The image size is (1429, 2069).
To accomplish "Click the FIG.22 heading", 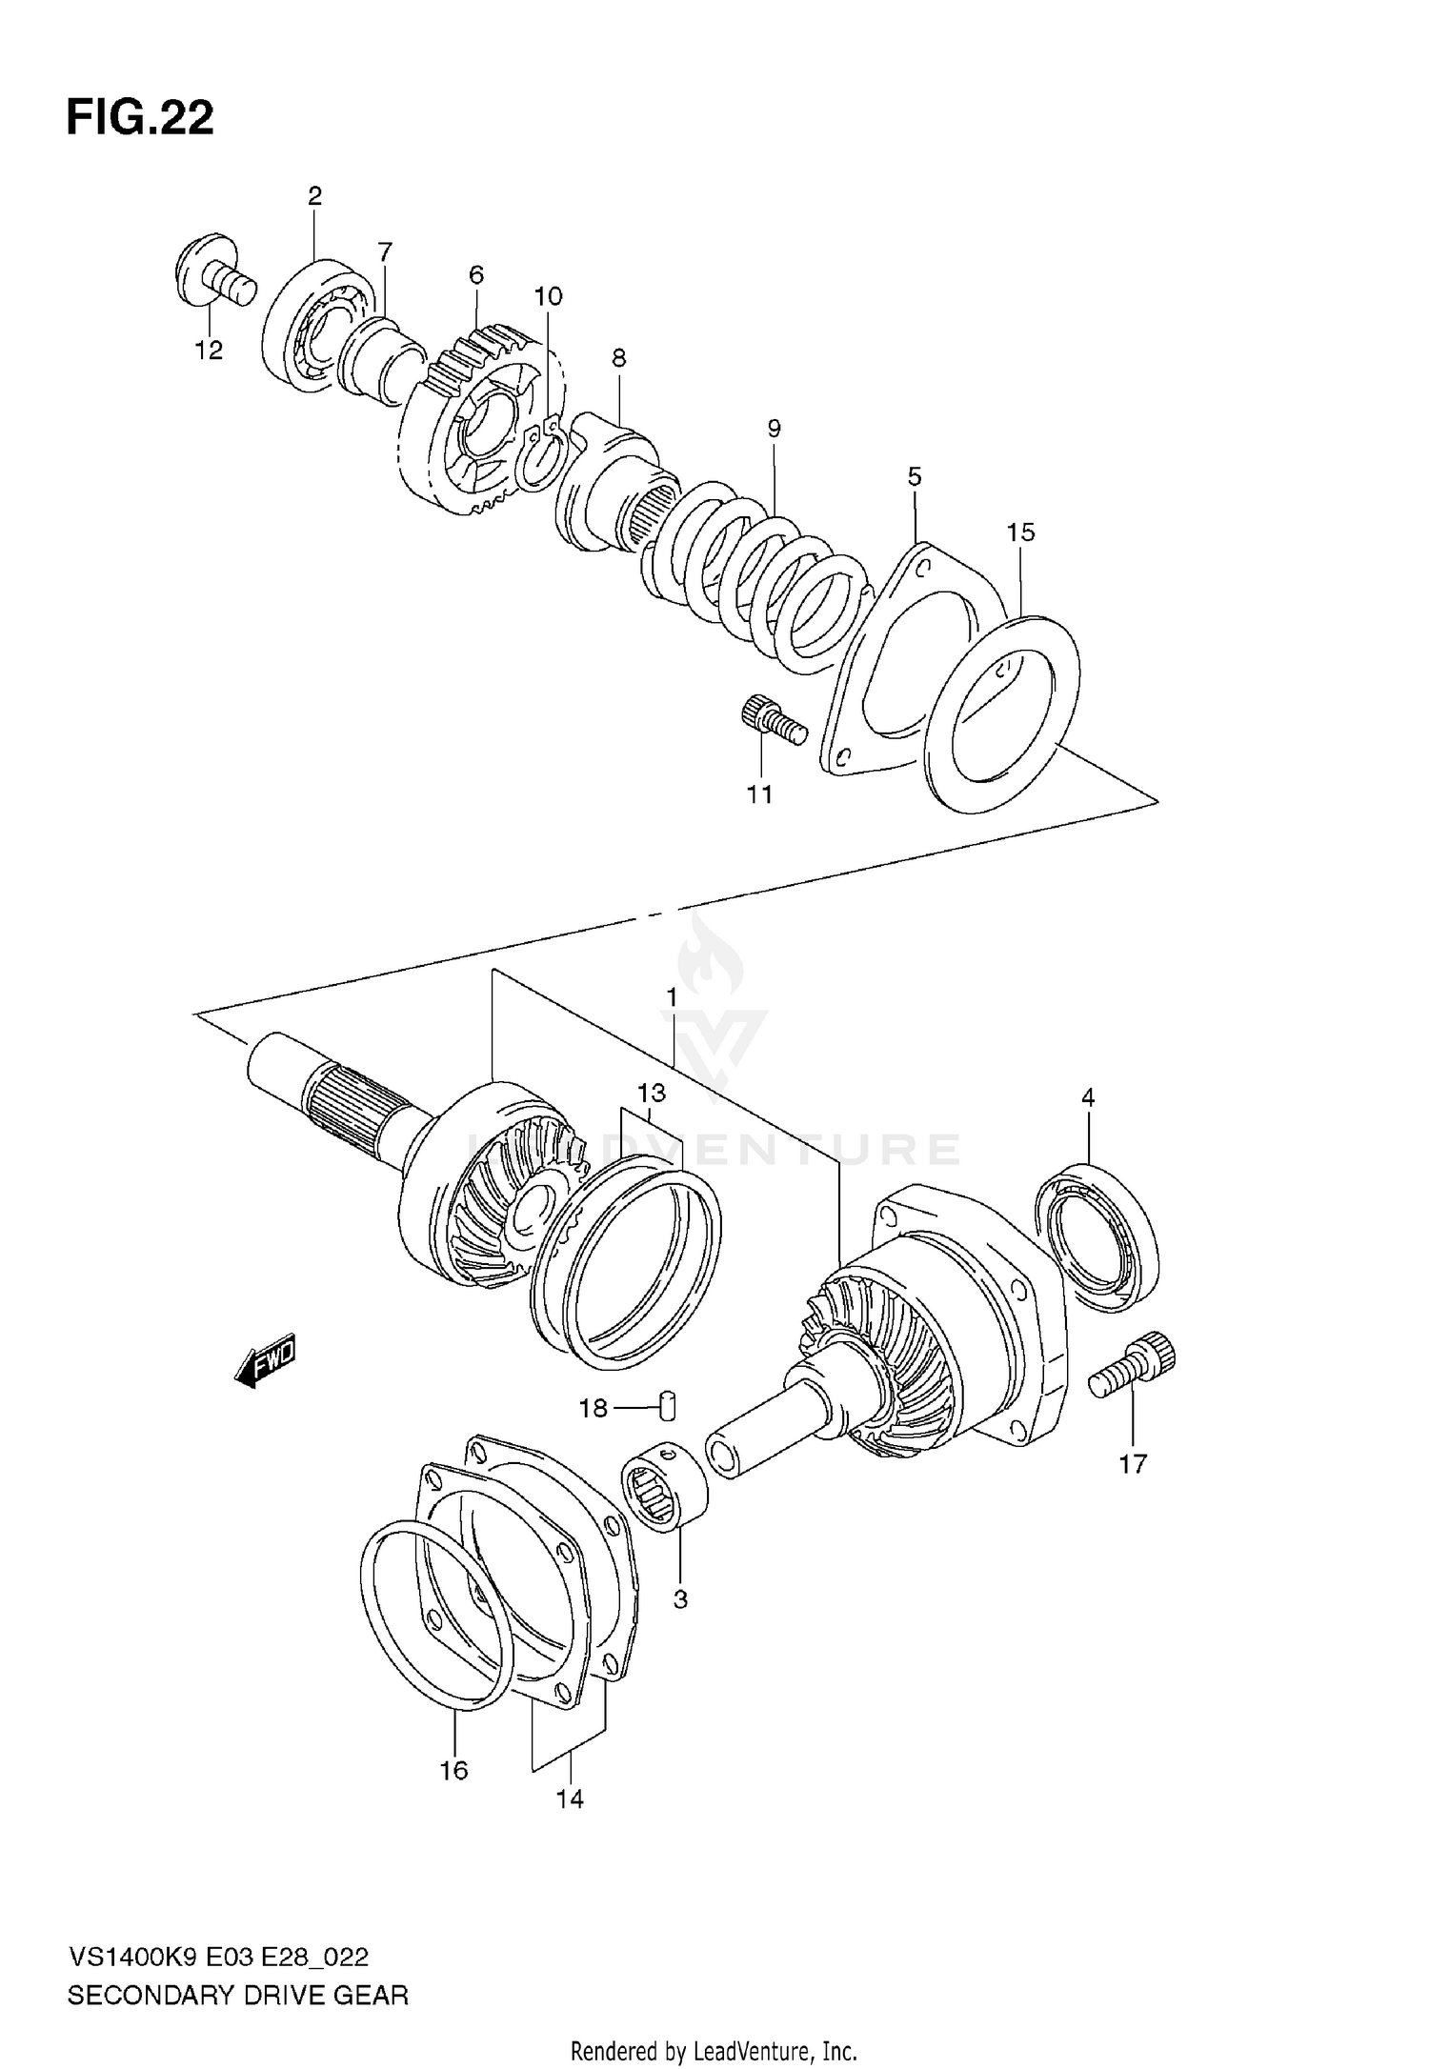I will pyautogui.click(x=140, y=119).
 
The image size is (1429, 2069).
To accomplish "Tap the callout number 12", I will pyautogui.click(x=209, y=351).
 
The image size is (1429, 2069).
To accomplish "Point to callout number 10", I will pyautogui.click(x=548, y=296).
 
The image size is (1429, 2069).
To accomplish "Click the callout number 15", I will pyautogui.click(x=1020, y=532).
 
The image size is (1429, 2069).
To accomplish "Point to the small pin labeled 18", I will pyautogui.click(x=669, y=1404).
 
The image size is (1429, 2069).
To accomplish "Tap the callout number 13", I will pyautogui.click(x=652, y=1092).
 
